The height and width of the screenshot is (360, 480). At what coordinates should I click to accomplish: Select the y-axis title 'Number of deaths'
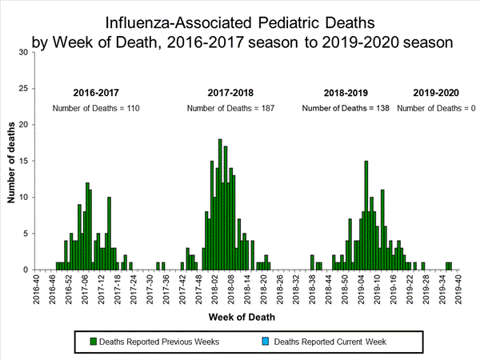(x=14, y=161)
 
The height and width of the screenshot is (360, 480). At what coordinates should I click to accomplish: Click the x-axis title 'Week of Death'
(x=244, y=316)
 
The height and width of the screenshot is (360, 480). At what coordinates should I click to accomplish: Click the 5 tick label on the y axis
(x=26, y=234)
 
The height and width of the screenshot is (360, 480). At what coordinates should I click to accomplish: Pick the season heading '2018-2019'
(x=345, y=93)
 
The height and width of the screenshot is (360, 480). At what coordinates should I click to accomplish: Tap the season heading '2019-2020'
(x=436, y=93)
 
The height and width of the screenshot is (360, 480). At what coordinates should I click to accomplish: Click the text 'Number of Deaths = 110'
(x=95, y=108)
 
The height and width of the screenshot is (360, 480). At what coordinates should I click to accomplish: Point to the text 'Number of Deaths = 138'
(x=346, y=108)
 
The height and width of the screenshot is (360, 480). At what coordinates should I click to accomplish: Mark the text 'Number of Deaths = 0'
(x=436, y=108)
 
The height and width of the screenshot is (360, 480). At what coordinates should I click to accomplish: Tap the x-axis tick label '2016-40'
(x=37, y=288)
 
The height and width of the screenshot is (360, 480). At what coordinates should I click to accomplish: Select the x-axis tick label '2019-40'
(x=456, y=288)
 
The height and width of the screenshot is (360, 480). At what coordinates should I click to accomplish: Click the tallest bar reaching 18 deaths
(x=220, y=204)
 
